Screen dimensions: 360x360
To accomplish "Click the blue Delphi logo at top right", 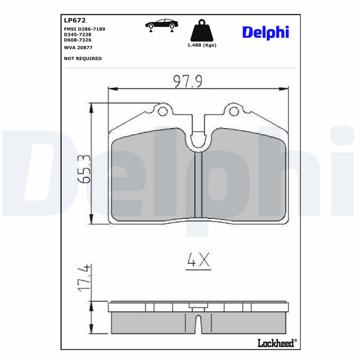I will point(265,32).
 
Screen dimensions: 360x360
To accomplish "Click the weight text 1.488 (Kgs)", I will point(202,45).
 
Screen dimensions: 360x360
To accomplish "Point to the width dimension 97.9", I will point(188,81).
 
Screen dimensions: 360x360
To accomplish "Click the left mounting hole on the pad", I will point(163,111).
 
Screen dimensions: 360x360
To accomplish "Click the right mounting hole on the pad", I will point(233,111).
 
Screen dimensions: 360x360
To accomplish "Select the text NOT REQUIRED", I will point(83,58).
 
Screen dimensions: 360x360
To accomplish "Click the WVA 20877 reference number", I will point(79,47).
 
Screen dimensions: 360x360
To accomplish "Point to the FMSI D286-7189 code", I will point(85,29).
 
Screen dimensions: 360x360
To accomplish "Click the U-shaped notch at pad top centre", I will point(198,140).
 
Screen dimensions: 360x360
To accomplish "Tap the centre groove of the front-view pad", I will point(198,184).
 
